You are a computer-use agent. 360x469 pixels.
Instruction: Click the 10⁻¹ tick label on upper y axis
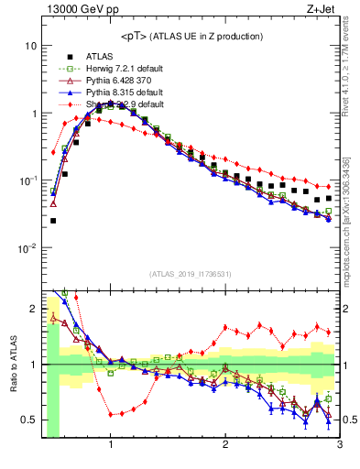click(28, 180)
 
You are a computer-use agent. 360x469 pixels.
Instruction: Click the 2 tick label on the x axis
click(225, 446)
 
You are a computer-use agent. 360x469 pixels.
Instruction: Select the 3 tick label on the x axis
click(339, 446)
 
